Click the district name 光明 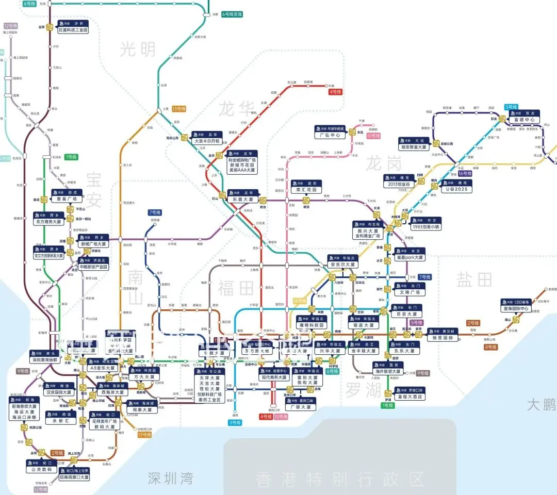[138, 49]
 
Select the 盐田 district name [474, 279]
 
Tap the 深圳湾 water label [170, 477]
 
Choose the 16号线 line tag [465, 174]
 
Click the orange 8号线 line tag [490, 347]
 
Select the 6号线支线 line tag [232, 14]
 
